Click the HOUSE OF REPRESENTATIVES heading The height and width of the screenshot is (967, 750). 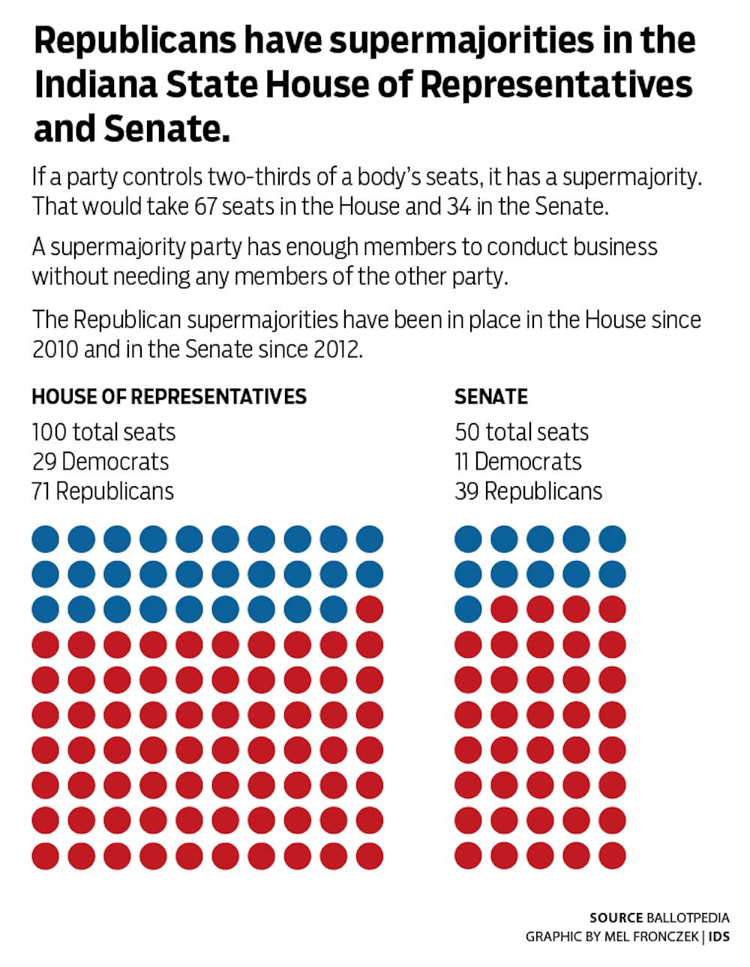point(169,396)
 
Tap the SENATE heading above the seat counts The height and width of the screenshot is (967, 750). point(491,396)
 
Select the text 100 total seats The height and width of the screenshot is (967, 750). point(103,432)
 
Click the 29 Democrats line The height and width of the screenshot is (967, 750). point(100,461)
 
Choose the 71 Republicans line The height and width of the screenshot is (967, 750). point(103,491)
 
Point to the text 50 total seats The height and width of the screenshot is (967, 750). point(521,432)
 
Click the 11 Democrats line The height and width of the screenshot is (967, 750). point(518,461)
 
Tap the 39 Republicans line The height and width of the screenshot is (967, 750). point(528,491)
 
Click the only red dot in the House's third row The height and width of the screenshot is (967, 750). point(369,609)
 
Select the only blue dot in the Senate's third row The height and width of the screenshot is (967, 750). point(468,609)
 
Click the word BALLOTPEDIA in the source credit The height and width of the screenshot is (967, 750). point(688,917)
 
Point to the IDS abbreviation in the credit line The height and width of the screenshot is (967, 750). point(719,937)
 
